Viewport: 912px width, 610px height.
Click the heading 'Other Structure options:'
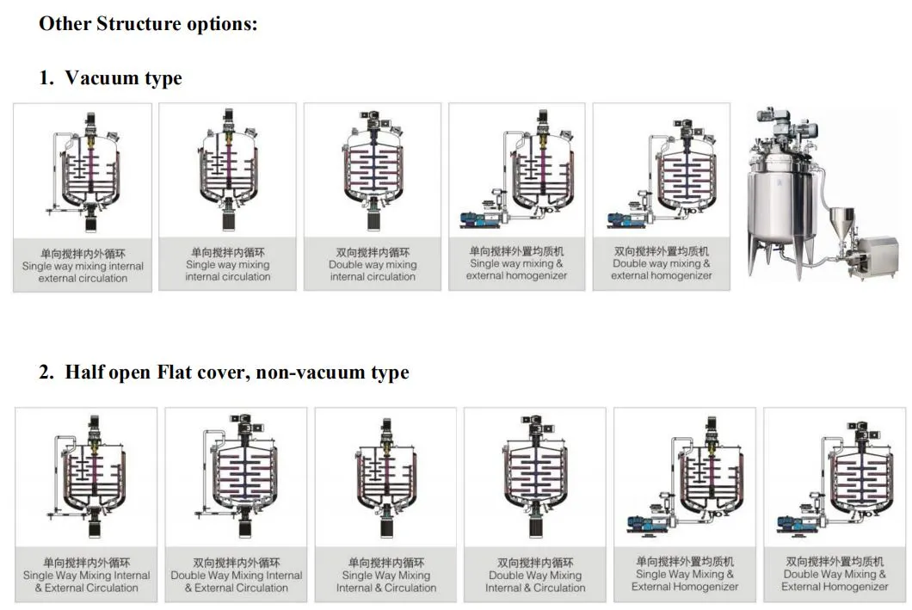pos(148,23)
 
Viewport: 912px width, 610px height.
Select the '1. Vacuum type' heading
pos(111,78)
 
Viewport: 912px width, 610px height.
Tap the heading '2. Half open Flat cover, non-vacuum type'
pos(224,373)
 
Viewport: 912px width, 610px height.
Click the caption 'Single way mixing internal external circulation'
pos(83,266)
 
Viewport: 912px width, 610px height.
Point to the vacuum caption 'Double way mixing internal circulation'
pos(373,265)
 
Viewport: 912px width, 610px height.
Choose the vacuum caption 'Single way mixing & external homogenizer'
pos(516,264)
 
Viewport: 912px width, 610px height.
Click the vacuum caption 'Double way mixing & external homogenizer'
pos(661,264)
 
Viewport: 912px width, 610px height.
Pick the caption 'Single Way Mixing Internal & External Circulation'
pos(86,576)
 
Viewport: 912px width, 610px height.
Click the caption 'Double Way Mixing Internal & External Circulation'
pos(236,576)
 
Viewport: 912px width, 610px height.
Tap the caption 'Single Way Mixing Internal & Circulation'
pos(385,576)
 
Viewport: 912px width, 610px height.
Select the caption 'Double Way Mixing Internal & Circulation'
pos(535,576)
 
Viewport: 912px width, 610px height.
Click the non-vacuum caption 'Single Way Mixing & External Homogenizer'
pos(685,574)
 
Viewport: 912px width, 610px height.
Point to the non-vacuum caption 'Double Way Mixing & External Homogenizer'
pos(835,574)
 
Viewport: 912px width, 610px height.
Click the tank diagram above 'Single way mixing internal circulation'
pos(227,172)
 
